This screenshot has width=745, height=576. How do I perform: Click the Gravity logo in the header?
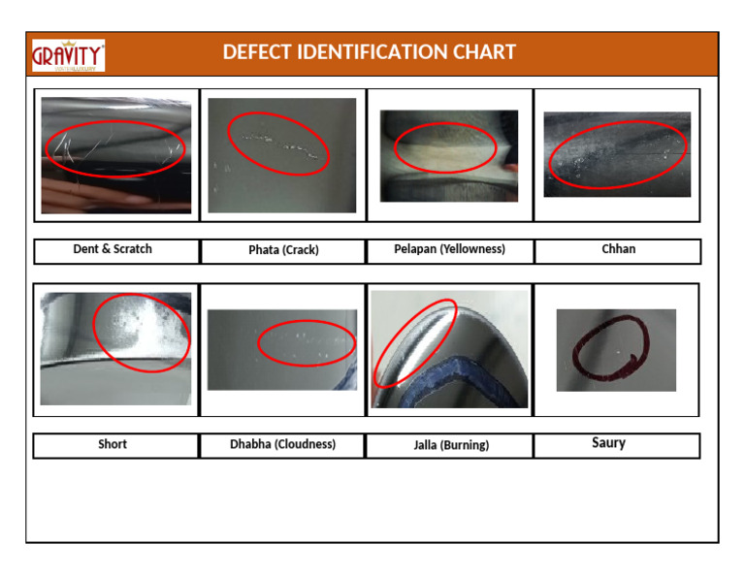(x=68, y=55)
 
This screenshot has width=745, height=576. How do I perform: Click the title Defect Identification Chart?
(x=369, y=52)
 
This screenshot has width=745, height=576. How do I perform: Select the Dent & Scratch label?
(x=113, y=249)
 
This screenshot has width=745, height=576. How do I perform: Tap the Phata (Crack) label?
(x=283, y=250)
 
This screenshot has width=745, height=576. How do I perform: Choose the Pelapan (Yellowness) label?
(x=449, y=249)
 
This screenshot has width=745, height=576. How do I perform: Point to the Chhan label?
(x=618, y=249)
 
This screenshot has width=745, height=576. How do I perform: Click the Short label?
(x=113, y=444)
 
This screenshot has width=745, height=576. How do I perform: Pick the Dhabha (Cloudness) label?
(x=282, y=444)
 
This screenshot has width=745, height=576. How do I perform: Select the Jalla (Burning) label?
(x=449, y=445)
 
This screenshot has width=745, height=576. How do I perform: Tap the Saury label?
(x=608, y=443)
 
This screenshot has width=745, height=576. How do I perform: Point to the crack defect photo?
(x=281, y=155)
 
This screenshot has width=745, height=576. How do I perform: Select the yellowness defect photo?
(x=448, y=155)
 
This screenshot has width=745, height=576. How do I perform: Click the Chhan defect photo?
(x=617, y=154)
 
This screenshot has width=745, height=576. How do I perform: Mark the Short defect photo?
(x=115, y=349)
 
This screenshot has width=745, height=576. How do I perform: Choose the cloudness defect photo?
(x=281, y=349)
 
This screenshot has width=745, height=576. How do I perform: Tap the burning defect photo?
(x=449, y=349)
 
